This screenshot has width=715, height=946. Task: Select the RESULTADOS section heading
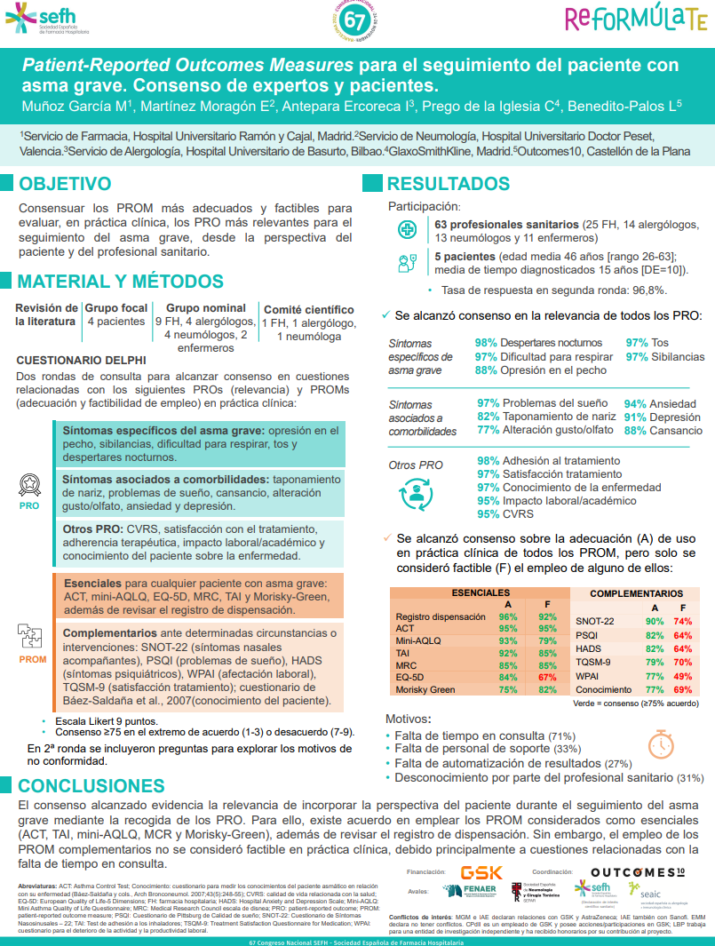[448, 185]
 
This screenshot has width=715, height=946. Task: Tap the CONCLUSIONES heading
[91, 786]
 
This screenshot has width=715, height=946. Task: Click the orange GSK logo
[481, 872]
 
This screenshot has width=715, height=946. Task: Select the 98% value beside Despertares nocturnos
[486, 343]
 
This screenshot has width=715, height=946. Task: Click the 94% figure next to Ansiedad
[635, 403]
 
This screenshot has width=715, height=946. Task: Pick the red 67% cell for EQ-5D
[547, 677]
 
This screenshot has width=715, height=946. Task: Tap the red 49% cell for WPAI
[683, 676]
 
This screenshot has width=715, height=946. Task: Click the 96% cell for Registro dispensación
[508, 616]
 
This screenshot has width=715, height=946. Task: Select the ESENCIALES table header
[481, 592]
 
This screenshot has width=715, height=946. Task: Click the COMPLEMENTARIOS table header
[636, 593]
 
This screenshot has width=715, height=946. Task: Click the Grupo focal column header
[115, 308]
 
